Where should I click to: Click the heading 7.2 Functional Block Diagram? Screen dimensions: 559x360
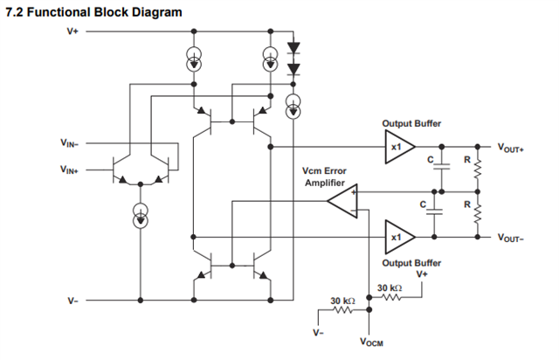(x=93, y=12)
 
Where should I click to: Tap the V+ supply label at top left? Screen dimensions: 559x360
(x=72, y=31)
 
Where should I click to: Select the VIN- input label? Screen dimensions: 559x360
(x=69, y=143)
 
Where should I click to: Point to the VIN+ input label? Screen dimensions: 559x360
(x=69, y=170)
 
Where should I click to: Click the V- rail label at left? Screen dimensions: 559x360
(x=72, y=301)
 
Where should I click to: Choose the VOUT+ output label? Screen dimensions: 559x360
(x=510, y=148)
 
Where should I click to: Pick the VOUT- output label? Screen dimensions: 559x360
(x=510, y=238)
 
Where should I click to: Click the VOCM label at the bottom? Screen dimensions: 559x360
(x=371, y=342)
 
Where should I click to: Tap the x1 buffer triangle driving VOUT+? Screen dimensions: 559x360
(x=400, y=147)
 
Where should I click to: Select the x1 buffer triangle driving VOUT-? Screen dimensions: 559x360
(x=400, y=237)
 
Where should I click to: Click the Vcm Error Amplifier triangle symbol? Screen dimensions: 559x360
(x=343, y=201)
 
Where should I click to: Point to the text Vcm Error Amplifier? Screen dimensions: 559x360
(x=324, y=177)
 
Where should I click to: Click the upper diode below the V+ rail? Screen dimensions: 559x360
(x=293, y=48)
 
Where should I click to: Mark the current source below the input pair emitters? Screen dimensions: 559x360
(x=141, y=216)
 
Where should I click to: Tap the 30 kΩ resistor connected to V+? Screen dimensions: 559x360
(x=390, y=297)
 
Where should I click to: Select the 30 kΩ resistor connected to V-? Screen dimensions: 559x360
(x=343, y=310)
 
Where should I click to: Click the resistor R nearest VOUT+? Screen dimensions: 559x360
(x=478, y=170)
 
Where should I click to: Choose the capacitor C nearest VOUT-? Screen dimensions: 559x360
(x=434, y=211)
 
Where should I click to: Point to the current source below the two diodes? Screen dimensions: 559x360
(x=293, y=107)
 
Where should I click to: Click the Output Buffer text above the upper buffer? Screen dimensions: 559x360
(x=411, y=123)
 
